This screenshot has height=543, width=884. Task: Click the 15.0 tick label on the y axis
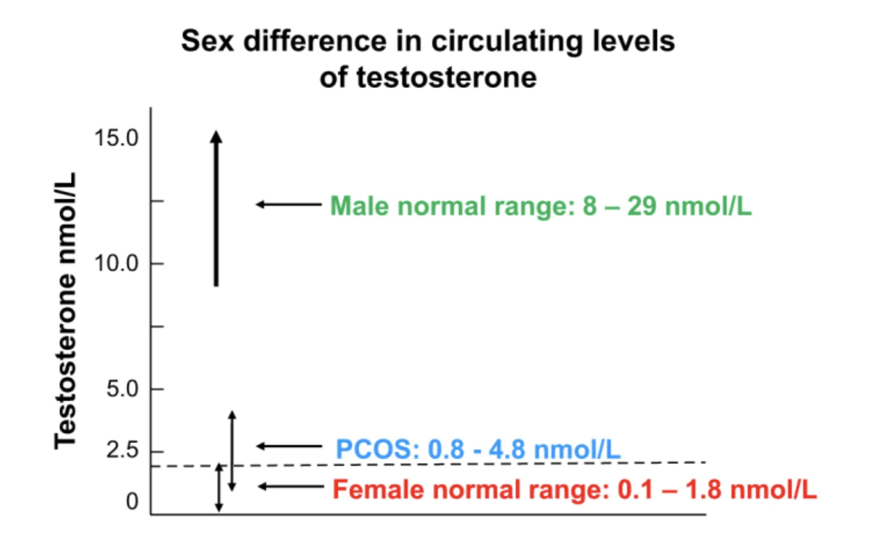(x=116, y=138)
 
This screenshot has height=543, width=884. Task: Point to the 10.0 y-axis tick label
(x=116, y=263)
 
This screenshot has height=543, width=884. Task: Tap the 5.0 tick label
(x=122, y=389)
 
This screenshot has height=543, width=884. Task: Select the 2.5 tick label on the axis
(x=122, y=450)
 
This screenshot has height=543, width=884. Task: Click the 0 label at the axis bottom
(x=132, y=502)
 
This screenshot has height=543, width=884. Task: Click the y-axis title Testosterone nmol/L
(x=65, y=311)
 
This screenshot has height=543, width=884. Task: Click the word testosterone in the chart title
(x=446, y=77)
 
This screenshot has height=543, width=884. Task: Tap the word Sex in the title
(x=207, y=41)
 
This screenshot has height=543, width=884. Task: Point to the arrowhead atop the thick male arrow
(x=216, y=137)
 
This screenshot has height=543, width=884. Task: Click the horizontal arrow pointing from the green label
(x=289, y=204)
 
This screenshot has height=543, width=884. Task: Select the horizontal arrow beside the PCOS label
(x=289, y=446)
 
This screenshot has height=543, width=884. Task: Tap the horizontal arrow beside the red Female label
(x=290, y=486)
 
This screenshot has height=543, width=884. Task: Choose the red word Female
(x=378, y=490)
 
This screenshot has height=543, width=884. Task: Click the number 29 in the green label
(x=642, y=206)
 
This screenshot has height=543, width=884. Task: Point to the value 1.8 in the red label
(x=703, y=490)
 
